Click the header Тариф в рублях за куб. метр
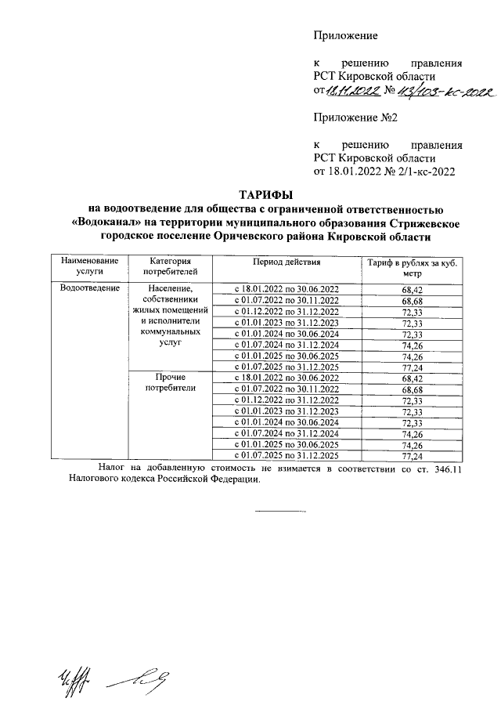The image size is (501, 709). [x=412, y=266]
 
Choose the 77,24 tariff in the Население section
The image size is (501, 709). [x=412, y=366]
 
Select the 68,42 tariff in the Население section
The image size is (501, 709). [x=412, y=289]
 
